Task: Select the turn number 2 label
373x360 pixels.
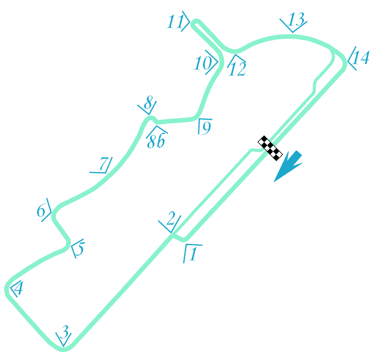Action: (x=171, y=220)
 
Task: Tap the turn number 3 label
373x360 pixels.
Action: (x=65, y=331)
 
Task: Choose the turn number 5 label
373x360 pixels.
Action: (x=80, y=250)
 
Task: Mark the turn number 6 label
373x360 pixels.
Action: (x=42, y=211)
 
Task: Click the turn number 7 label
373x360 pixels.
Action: (x=104, y=163)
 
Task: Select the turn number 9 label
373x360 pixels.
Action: (x=206, y=129)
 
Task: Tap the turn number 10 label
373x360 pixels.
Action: (x=202, y=64)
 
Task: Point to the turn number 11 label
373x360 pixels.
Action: (x=175, y=22)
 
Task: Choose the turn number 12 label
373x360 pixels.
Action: (x=237, y=69)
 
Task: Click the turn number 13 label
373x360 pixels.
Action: (x=296, y=20)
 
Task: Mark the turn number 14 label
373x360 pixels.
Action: (x=361, y=58)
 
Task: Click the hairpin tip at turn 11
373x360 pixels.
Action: (x=195, y=22)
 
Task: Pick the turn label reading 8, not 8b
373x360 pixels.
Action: (x=148, y=105)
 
